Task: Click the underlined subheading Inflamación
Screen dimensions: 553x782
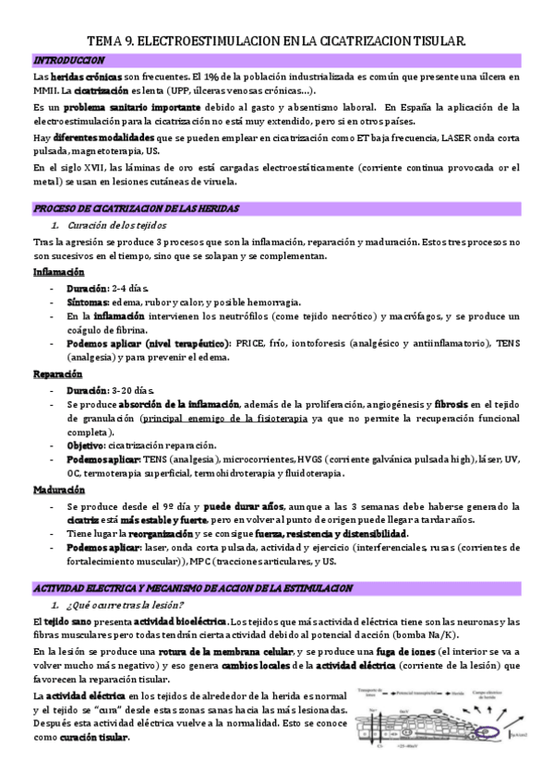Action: click(x=58, y=273)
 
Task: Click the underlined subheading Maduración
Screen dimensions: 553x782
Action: click(x=58, y=490)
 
